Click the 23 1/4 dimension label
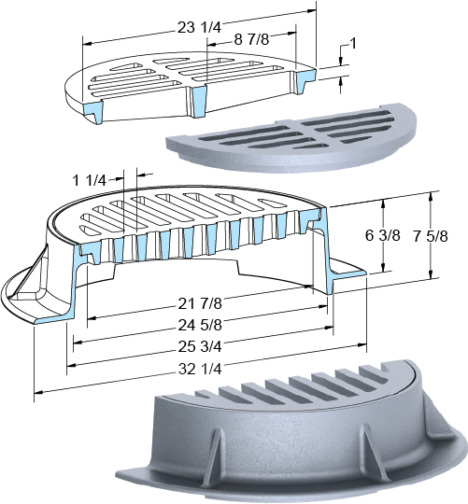tap(199, 27)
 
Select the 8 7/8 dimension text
tap(251, 39)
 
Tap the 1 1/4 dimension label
tap(90, 180)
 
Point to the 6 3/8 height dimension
tap(382, 235)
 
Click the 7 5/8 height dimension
tap(431, 236)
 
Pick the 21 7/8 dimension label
tap(200, 303)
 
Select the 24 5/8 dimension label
tap(200, 325)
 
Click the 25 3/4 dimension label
tap(200, 347)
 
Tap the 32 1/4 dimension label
tap(200, 369)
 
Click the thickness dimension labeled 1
tap(353, 43)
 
